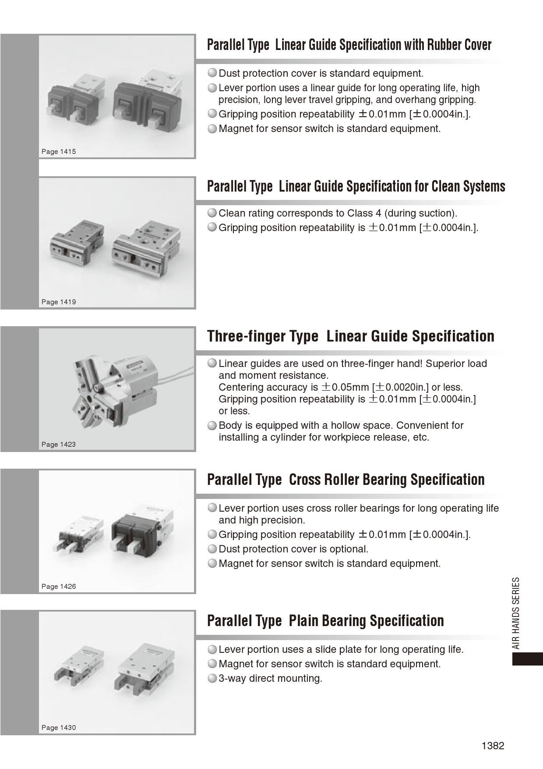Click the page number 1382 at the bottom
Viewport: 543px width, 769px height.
coord(493,746)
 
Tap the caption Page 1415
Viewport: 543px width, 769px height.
coord(59,152)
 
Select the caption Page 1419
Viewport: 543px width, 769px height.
coord(59,302)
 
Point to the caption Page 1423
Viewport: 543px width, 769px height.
coord(59,445)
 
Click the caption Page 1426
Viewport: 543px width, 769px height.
coord(59,587)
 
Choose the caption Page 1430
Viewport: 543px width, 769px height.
coord(59,728)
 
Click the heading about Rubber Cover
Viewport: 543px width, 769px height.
coord(349,45)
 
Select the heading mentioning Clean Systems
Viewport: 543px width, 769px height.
coord(356,187)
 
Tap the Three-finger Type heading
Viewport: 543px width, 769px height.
coord(350,336)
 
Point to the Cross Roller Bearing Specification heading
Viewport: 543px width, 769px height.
coord(346,480)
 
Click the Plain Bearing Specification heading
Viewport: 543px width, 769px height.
coord(325,621)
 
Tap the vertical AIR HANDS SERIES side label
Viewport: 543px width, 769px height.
coord(516,613)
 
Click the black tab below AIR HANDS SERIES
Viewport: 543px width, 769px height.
coord(527,659)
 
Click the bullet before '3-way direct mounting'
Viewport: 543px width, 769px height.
coord(212,679)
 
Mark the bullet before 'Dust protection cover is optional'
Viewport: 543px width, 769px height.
coord(212,549)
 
